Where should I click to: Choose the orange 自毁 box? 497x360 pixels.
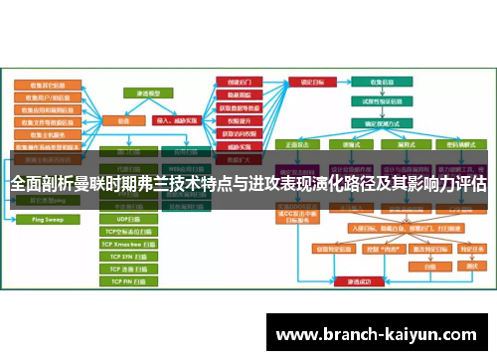click(429, 267)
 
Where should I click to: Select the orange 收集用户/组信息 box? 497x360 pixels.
click(46, 98)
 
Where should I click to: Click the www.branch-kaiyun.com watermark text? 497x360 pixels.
click(379, 334)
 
